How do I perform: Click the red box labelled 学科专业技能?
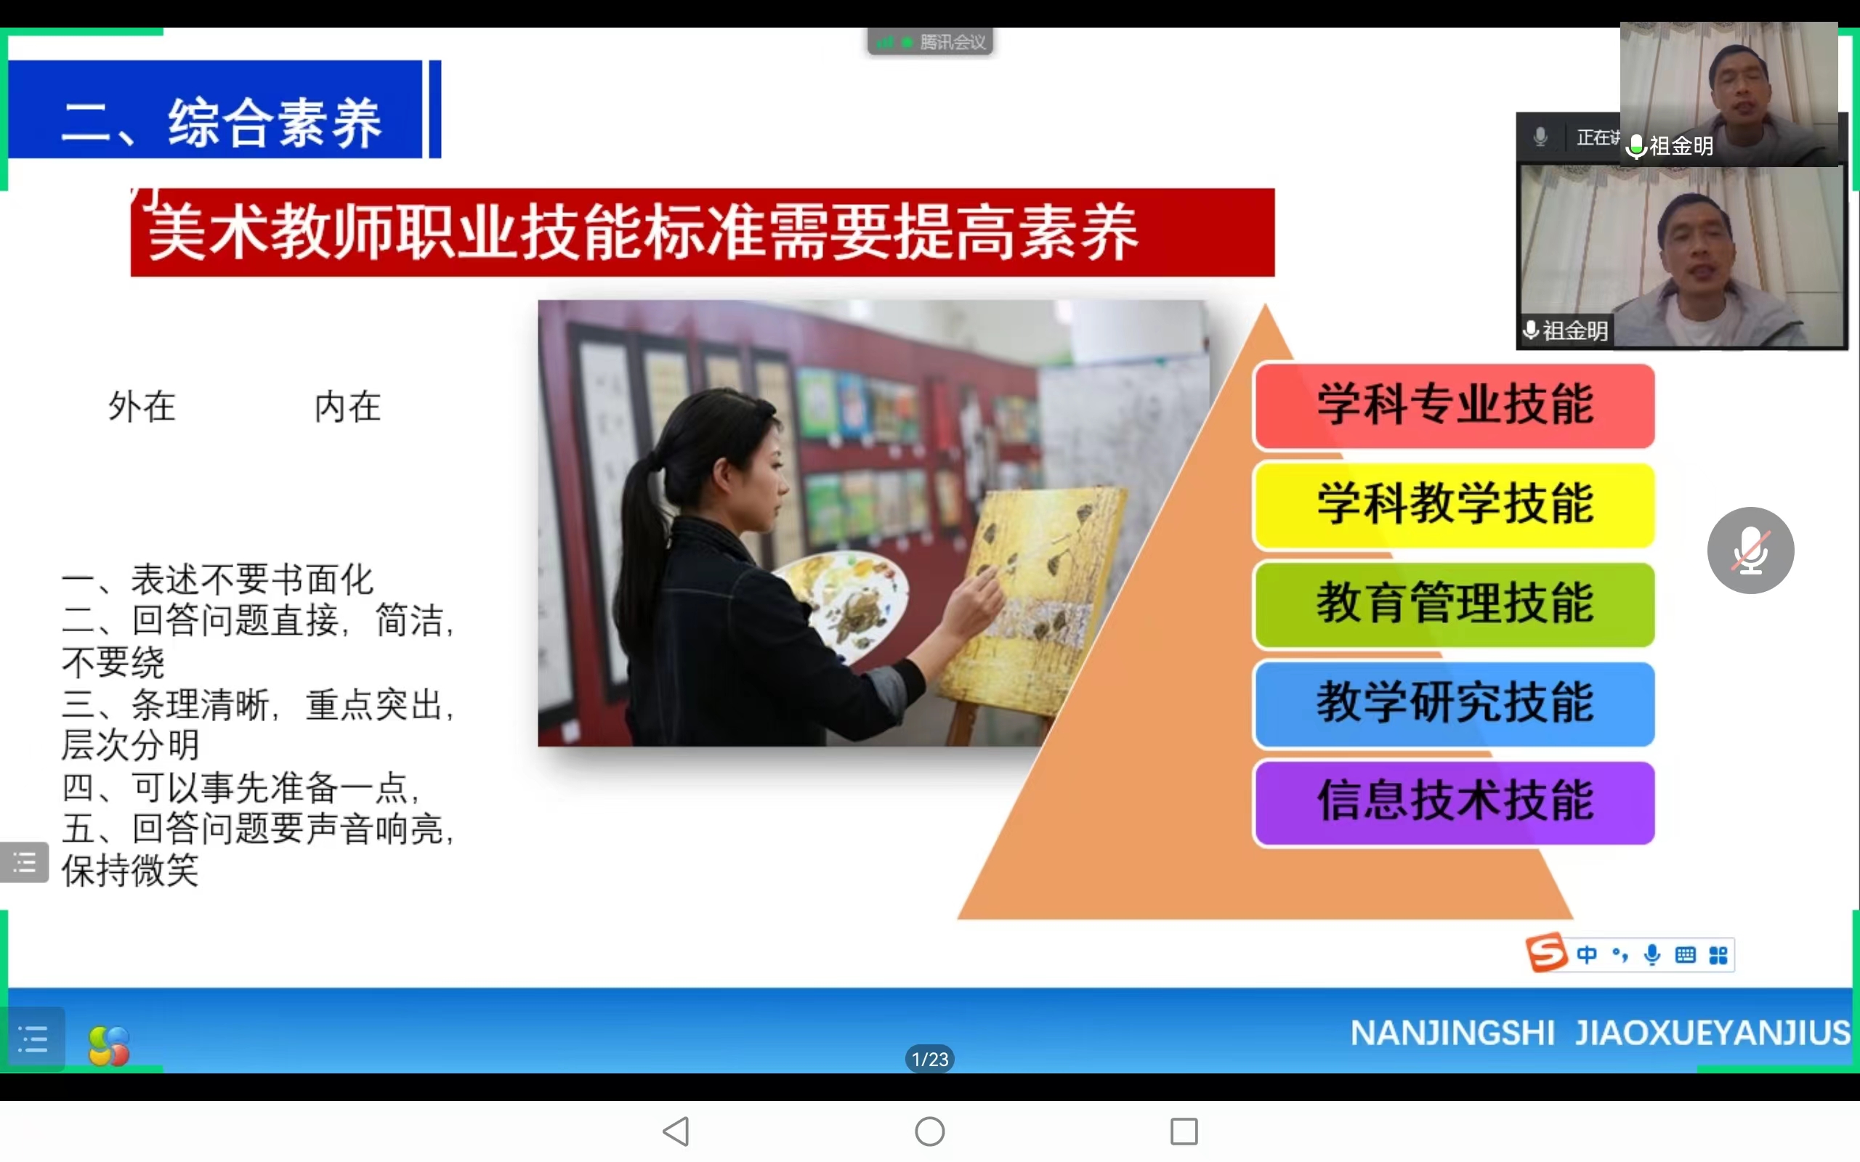tap(1454, 406)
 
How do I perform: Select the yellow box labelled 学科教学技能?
tap(1454, 505)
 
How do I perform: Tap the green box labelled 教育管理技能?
tap(1454, 604)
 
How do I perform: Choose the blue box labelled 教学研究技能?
tap(1454, 703)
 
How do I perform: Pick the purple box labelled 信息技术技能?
tap(1454, 803)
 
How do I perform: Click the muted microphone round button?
tap(1750, 550)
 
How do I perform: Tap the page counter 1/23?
tap(930, 1059)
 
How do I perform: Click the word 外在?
tap(142, 406)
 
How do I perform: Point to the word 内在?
tap(348, 406)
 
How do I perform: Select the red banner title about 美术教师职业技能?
tap(703, 232)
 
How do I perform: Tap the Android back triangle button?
tap(676, 1131)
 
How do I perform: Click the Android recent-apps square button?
tap(1184, 1131)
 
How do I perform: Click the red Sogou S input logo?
tap(1546, 953)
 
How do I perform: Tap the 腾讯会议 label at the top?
tap(953, 42)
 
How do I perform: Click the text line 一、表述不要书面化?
tap(217, 580)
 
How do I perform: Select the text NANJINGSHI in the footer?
tap(1452, 1033)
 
